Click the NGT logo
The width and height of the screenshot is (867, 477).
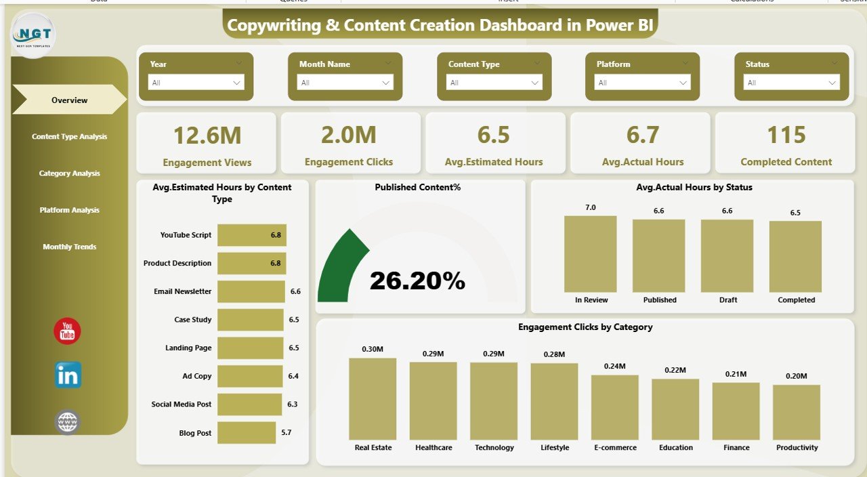coord(34,36)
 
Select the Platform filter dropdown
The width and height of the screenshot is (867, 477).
coord(642,83)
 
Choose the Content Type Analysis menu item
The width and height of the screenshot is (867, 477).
coord(69,137)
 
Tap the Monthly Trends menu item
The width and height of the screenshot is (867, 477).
coord(69,247)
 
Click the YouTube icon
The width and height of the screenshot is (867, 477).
coord(67,331)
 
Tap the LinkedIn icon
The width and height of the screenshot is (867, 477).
coord(68,375)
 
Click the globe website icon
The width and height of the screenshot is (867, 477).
coord(68,422)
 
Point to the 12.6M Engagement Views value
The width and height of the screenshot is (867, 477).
coord(207,136)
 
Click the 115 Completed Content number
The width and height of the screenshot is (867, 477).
coord(786,136)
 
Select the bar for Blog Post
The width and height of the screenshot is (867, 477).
coord(247,433)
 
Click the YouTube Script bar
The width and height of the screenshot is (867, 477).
coord(251,235)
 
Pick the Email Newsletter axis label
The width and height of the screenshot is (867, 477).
coord(182,291)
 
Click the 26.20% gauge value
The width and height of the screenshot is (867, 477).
coord(417,281)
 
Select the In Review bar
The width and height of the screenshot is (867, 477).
coord(591,254)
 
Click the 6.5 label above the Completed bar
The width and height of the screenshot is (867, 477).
coord(795,213)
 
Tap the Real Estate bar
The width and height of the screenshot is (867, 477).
coord(373,399)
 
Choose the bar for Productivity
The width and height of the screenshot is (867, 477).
coord(797,413)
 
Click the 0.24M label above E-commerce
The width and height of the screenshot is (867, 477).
coord(614,367)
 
